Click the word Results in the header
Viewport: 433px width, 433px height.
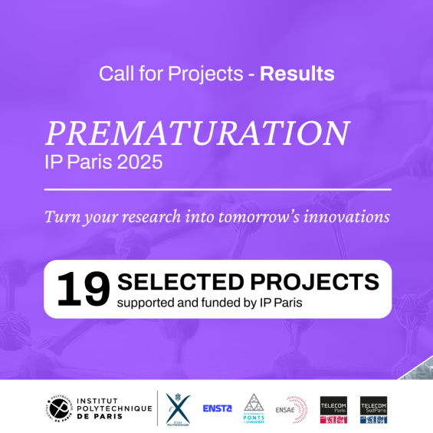(x=297, y=74)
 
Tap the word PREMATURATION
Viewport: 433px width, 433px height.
(x=197, y=133)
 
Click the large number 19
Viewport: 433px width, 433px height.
(x=83, y=289)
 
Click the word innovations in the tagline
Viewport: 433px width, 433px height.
(x=346, y=217)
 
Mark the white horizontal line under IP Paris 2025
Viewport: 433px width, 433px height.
(x=218, y=189)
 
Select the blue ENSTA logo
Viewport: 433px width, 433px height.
(x=217, y=408)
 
